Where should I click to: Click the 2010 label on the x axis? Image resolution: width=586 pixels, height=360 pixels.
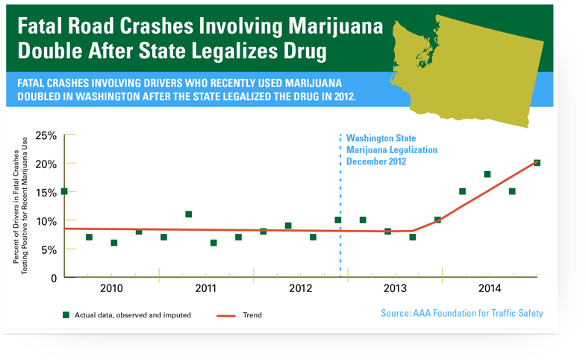111,288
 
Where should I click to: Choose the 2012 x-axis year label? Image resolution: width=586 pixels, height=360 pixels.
299,288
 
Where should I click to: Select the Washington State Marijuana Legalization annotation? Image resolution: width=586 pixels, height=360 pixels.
391,149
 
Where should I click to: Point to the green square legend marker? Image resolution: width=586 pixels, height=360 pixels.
66,315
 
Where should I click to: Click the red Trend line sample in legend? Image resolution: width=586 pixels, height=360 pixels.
226,315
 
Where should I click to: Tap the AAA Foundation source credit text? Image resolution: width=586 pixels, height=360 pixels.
461,313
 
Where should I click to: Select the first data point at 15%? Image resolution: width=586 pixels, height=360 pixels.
64,192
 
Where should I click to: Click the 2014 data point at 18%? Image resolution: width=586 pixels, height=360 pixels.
487,175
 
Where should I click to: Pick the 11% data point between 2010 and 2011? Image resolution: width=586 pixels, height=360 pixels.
189,214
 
